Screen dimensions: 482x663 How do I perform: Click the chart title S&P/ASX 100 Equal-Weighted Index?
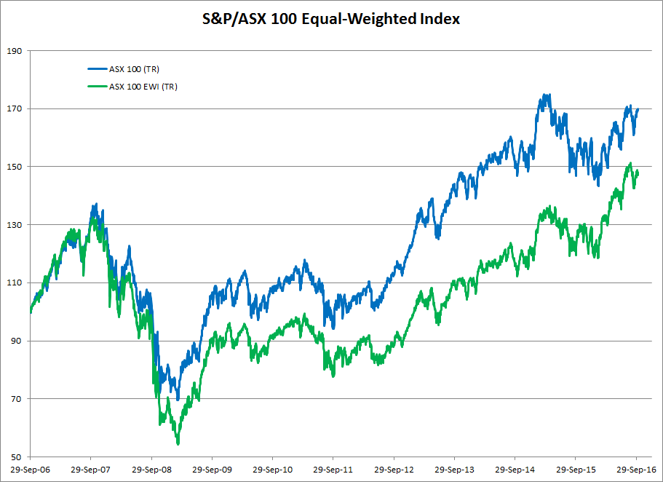(331, 19)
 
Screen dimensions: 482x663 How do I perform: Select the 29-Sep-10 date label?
(271, 470)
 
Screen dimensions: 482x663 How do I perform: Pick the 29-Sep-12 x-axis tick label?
(393, 470)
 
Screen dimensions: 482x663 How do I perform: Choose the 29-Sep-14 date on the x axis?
(515, 470)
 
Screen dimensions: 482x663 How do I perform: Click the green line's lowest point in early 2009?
(178, 443)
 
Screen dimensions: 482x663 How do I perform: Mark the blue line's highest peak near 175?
(545, 95)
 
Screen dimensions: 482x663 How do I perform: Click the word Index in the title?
(440, 19)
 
